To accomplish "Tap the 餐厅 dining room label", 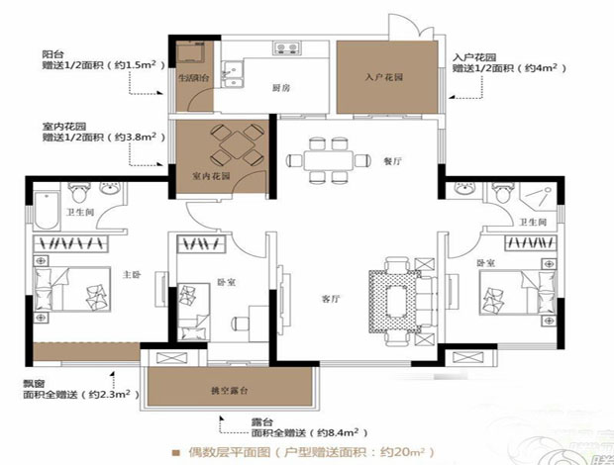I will coord(388,160).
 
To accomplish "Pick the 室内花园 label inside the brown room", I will coord(210,176).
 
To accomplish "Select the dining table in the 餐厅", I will coord(323,159).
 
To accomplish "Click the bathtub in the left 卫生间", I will coord(46,209).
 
